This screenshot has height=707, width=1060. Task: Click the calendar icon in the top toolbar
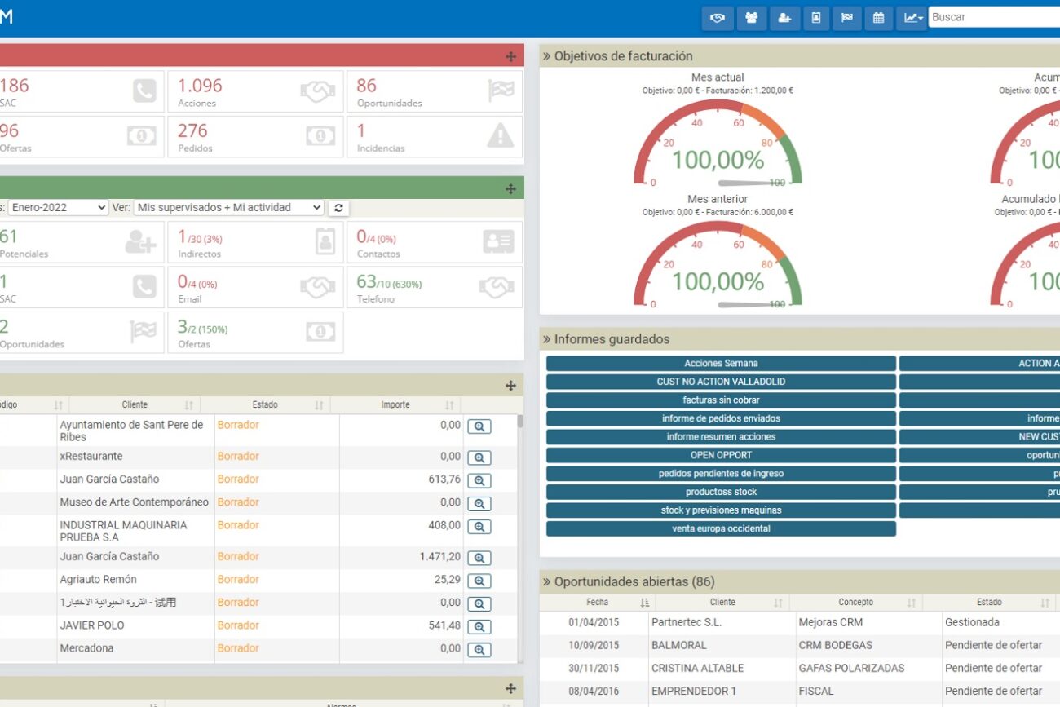[x=878, y=18]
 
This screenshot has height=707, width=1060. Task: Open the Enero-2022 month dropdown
[x=58, y=208]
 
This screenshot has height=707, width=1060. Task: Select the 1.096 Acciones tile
[x=254, y=91]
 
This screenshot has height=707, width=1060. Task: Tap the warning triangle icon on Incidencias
[x=500, y=136]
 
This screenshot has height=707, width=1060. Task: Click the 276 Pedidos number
[x=192, y=130]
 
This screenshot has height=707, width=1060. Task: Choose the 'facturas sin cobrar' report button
[x=721, y=400]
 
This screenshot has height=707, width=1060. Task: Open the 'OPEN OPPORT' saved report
[x=721, y=455]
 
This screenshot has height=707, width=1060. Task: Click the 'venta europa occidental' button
[x=721, y=528]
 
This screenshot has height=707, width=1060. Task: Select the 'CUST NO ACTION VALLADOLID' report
[x=721, y=382]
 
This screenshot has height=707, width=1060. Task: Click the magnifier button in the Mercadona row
[x=479, y=650]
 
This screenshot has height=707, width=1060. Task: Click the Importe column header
[x=395, y=405]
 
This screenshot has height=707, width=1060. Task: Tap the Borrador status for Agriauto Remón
[x=238, y=580]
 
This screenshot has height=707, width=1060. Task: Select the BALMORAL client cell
[x=678, y=645]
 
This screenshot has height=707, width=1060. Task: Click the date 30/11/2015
[x=594, y=668]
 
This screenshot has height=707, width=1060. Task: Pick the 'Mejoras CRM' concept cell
[x=830, y=622]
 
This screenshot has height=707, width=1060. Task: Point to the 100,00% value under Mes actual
[x=718, y=160]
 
